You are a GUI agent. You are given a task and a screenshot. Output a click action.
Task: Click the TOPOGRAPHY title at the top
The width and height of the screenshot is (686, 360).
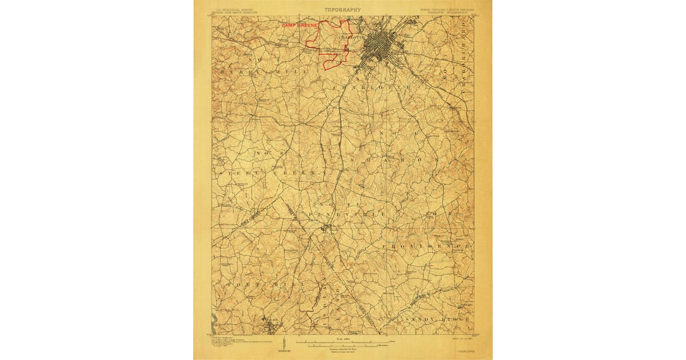pyautogui.click(x=343, y=9)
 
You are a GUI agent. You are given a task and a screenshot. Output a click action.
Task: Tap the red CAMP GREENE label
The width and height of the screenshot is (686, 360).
pyautogui.click(x=299, y=26)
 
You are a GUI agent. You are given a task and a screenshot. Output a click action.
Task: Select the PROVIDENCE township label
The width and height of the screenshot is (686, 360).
pyautogui.click(x=426, y=245)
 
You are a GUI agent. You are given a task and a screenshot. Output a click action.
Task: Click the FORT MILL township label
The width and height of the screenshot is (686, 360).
pyautogui.click(x=250, y=284)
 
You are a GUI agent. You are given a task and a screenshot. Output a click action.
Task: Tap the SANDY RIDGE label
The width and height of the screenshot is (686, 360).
pyautogui.click(x=437, y=318)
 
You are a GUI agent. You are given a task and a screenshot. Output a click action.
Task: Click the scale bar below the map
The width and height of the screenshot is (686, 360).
pyautogui.click(x=343, y=343)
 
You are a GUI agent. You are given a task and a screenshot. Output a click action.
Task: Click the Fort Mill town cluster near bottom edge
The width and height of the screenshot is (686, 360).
pyautogui.click(x=271, y=327)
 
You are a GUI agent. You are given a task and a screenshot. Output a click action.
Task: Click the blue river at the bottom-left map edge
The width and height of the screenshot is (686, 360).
pyautogui.click(x=214, y=318)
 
